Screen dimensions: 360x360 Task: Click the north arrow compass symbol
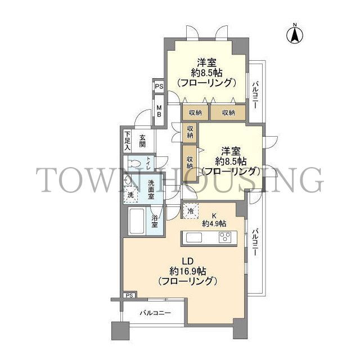(x=295, y=35)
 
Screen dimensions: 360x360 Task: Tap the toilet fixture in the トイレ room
(x=134, y=164)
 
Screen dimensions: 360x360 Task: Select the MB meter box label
(x=159, y=111)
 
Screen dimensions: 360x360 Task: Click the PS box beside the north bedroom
(x=159, y=87)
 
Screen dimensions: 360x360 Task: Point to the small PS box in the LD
(x=130, y=295)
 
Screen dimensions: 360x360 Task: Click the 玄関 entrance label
(x=142, y=141)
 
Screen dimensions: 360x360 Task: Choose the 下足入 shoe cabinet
(x=127, y=141)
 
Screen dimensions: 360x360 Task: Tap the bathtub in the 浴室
(x=137, y=221)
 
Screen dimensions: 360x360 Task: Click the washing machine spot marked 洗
(x=130, y=195)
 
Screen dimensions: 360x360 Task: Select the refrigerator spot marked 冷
(x=190, y=211)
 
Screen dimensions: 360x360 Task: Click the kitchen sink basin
(x=194, y=237)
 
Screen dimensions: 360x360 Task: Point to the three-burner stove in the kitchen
(x=225, y=237)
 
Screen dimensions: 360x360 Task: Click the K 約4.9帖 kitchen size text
(x=214, y=220)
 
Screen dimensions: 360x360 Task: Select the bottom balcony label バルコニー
(x=155, y=313)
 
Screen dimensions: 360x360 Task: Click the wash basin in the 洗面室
(x=127, y=181)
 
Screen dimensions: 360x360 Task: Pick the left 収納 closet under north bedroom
(x=195, y=112)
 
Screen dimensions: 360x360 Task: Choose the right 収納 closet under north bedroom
(x=228, y=112)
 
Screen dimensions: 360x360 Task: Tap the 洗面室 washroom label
(x=151, y=190)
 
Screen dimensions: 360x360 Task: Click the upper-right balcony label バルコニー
(x=255, y=94)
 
